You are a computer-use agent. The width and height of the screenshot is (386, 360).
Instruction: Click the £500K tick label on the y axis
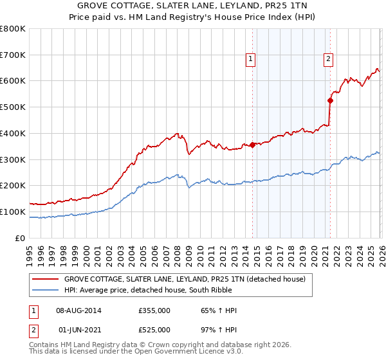point(13,107)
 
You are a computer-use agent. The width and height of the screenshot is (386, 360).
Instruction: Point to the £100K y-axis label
point(13,212)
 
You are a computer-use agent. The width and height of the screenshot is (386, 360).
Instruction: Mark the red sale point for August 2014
point(252,145)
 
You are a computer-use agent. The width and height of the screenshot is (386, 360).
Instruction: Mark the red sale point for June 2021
point(330,100)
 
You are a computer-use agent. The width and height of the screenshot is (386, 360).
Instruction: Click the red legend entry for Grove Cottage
point(188,279)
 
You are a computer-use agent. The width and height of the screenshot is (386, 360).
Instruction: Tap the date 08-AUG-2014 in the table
point(78,310)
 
